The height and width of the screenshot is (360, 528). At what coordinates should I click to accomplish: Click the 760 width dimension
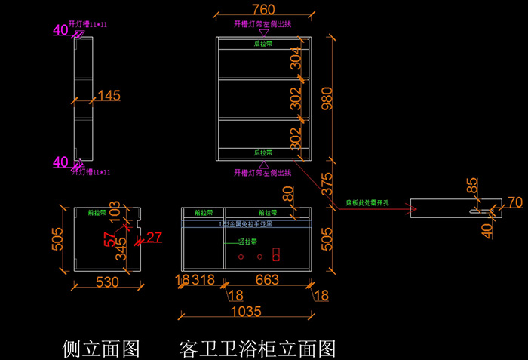pyautogui.click(x=262, y=10)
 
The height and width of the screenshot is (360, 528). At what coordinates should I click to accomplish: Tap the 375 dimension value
pyautogui.click(x=327, y=184)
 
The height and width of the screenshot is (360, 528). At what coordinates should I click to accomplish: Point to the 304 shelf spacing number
pyautogui.click(x=296, y=57)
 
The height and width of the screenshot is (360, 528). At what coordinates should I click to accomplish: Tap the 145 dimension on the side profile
pyautogui.click(x=109, y=96)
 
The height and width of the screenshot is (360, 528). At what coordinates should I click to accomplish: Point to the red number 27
pyautogui.click(x=154, y=238)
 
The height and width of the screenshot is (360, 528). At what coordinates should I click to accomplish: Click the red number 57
pyautogui.click(x=110, y=239)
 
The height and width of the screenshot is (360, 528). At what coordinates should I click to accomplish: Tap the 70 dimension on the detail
pyautogui.click(x=514, y=202)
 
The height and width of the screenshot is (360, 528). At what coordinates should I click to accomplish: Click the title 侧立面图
pyautogui.click(x=101, y=349)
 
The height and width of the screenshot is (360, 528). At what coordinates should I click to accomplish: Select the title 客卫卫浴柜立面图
pyautogui.click(x=256, y=349)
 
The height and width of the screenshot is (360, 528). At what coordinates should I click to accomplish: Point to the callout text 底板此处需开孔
pyautogui.click(x=367, y=203)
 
